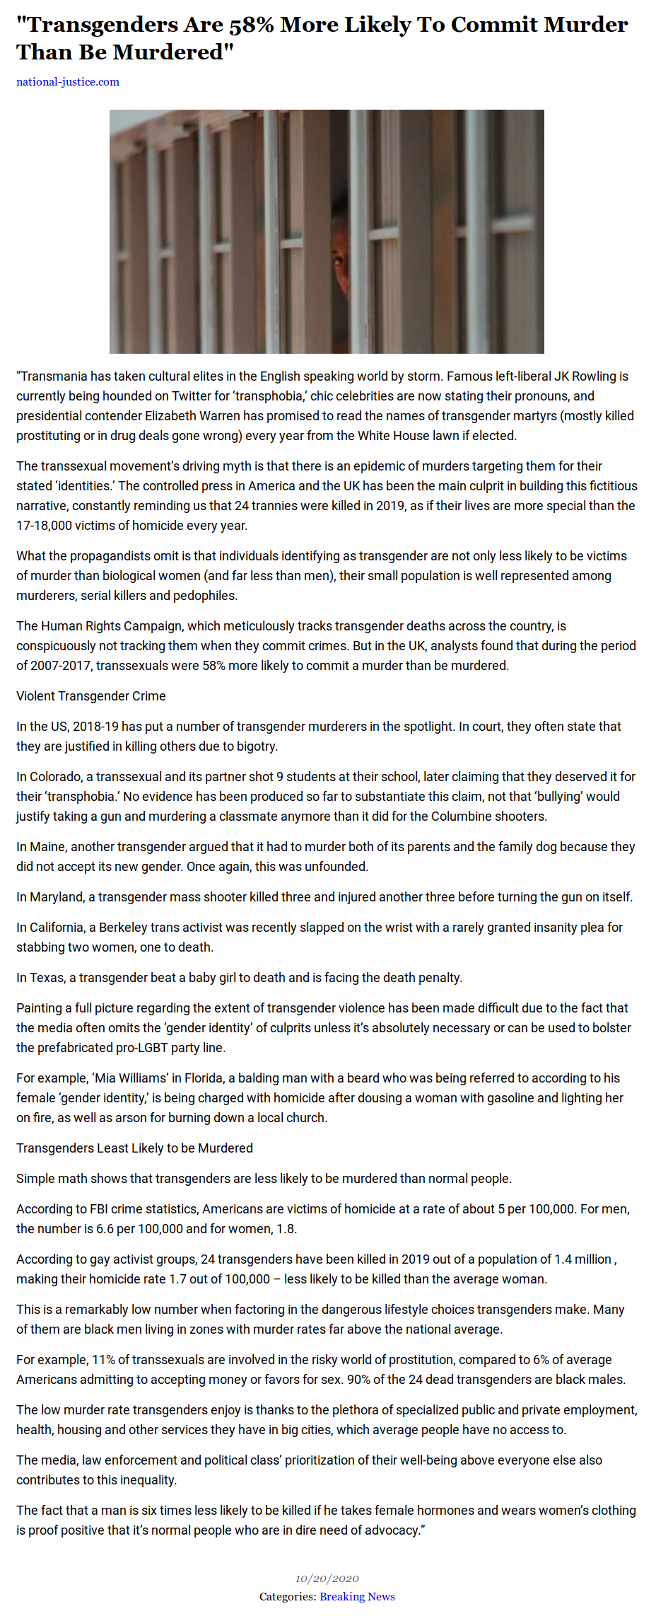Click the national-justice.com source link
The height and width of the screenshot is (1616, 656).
(x=68, y=82)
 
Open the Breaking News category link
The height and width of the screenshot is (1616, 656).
(x=357, y=1596)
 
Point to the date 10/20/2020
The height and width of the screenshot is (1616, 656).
(x=327, y=1579)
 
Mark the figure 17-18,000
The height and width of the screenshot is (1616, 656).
(x=46, y=526)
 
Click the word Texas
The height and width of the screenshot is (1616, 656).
(x=46, y=978)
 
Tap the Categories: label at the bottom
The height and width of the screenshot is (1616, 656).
(x=288, y=1596)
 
